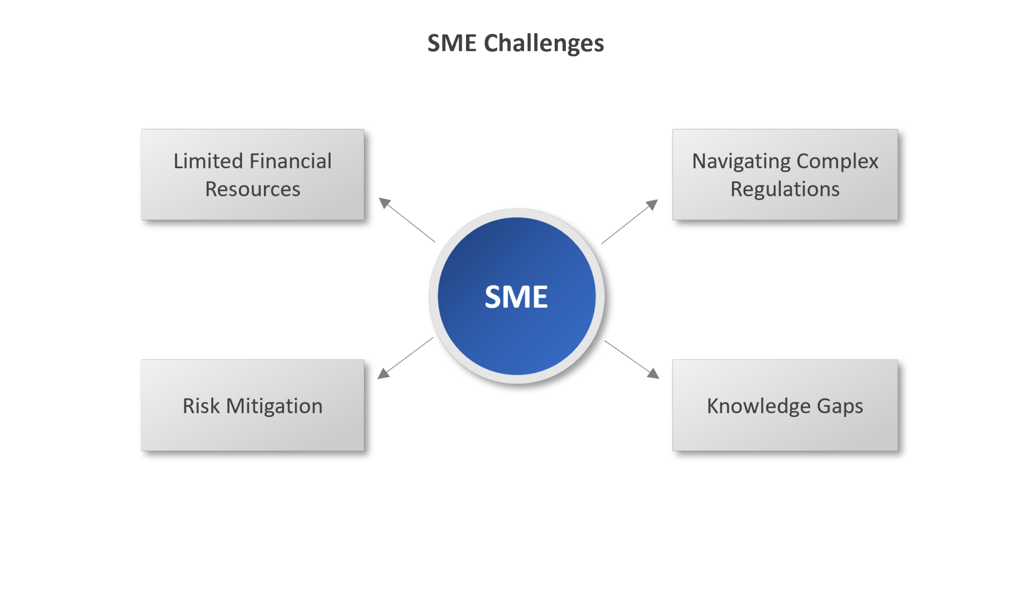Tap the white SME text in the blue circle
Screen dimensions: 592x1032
[x=516, y=297]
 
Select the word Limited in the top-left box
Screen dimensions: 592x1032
[x=208, y=161]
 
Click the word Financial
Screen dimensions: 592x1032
[x=290, y=161]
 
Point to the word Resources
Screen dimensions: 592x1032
[x=253, y=189]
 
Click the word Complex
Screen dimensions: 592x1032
[x=837, y=162]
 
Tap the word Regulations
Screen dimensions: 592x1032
[x=785, y=190]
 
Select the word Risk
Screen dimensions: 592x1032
[x=201, y=406]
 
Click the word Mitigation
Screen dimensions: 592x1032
[x=274, y=407]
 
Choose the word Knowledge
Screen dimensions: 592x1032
[x=758, y=406]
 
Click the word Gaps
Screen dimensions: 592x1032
[x=840, y=407]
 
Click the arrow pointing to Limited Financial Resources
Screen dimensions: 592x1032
[x=407, y=220]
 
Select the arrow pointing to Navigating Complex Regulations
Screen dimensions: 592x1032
[x=629, y=222]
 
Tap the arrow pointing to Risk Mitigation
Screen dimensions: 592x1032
[x=405, y=358]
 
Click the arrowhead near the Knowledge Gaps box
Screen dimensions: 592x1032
[x=653, y=373]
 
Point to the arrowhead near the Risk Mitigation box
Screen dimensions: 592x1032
[x=383, y=373]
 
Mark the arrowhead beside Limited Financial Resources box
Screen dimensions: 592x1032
[x=384, y=203]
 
